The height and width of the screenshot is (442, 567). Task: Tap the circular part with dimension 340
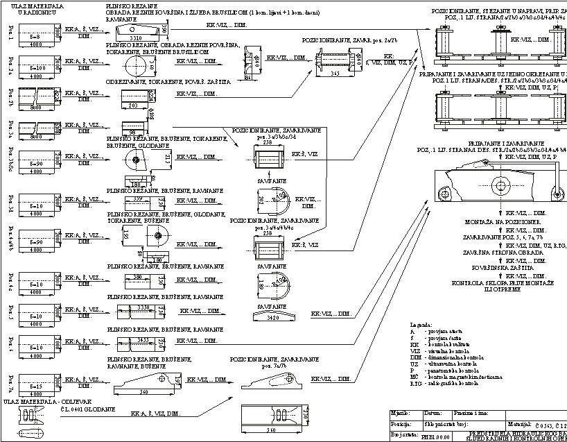pyautogui.click(x=136, y=67)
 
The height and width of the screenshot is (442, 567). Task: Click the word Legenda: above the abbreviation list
pyautogui.click(x=421, y=324)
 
